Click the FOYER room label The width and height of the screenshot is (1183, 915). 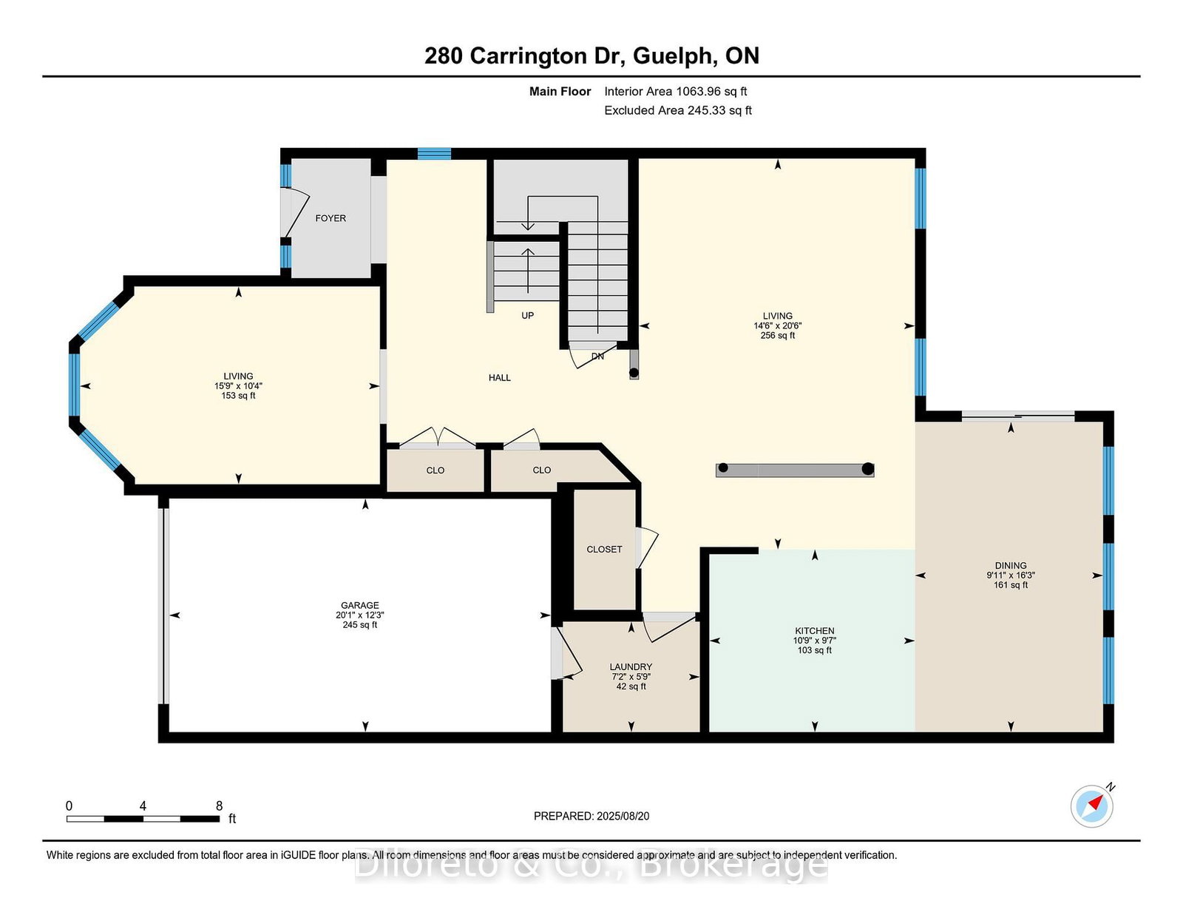tap(331, 218)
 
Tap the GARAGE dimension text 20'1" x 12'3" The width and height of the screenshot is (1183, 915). tap(360, 615)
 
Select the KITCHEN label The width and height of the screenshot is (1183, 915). tap(815, 631)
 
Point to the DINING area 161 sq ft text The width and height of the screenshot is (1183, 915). tap(1011, 585)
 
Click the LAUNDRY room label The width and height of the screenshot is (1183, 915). tap(631, 666)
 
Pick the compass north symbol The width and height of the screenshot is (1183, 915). tap(1092, 806)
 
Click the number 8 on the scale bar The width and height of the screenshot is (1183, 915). tap(219, 806)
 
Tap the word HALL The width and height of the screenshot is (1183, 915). tap(500, 377)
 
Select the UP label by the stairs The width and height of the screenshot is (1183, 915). tap(527, 315)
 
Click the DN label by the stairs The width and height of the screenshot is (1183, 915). tap(597, 357)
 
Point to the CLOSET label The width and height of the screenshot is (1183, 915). tap(604, 549)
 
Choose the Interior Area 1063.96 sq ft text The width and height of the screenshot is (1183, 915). tap(675, 92)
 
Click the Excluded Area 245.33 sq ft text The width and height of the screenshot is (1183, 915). tap(678, 110)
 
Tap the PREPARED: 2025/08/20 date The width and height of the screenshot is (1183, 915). tap(591, 816)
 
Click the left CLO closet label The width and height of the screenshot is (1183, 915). tap(435, 470)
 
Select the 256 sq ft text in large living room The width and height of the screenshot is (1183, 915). tap(778, 335)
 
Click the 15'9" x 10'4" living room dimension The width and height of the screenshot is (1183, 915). tap(238, 385)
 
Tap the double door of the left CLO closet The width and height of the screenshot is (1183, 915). tap(438, 438)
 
